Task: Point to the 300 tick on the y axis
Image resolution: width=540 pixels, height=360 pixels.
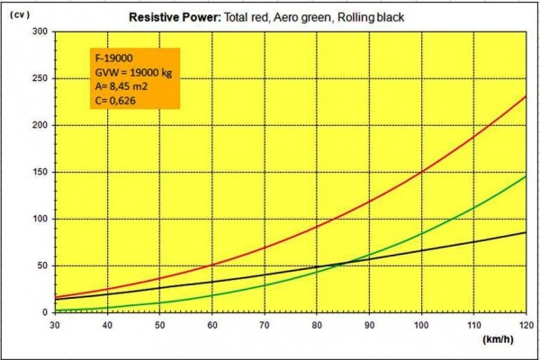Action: (40, 32)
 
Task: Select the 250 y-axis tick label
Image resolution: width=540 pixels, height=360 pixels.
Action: (40, 79)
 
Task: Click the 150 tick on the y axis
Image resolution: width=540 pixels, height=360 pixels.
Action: (40, 173)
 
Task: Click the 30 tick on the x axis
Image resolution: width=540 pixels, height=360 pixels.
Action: (56, 324)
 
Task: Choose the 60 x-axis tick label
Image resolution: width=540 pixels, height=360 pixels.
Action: (212, 324)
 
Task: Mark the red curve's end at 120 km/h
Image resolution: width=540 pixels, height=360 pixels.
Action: (525, 96)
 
